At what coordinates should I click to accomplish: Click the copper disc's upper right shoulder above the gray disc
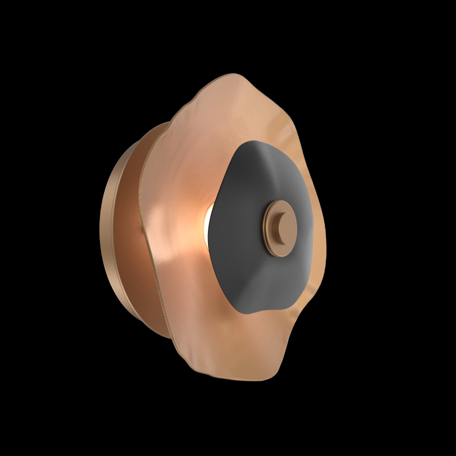(x=292, y=123)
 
